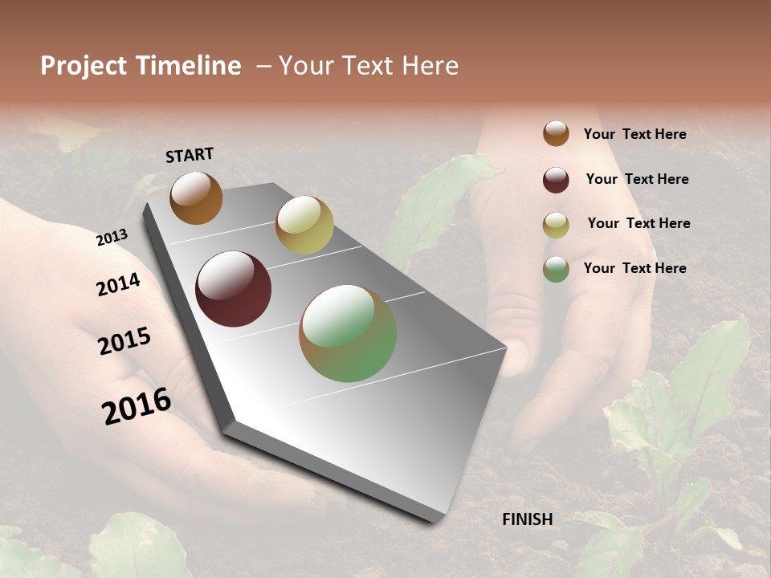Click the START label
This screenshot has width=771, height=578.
click(190, 155)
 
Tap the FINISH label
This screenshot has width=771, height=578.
click(527, 519)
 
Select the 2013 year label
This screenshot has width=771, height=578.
click(112, 238)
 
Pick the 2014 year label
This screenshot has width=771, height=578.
click(119, 284)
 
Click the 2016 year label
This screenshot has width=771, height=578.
click(137, 405)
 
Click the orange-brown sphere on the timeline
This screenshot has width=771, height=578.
click(196, 197)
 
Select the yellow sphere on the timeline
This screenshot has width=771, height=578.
click(304, 224)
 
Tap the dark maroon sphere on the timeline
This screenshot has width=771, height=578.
click(234, 289)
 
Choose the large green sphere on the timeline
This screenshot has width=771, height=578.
click(348, 333)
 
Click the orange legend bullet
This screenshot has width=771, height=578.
click(556, 133)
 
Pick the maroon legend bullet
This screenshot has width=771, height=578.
click(556, 180)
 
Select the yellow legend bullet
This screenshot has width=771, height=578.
click(556, 225)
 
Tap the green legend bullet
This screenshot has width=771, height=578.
click(556, 269)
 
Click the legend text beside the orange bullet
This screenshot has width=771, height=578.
click(634, 134)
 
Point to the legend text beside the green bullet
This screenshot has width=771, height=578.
click(634, 268)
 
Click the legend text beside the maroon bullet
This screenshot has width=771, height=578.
click(637, 179)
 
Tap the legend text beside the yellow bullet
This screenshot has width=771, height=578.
click(638, 223)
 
